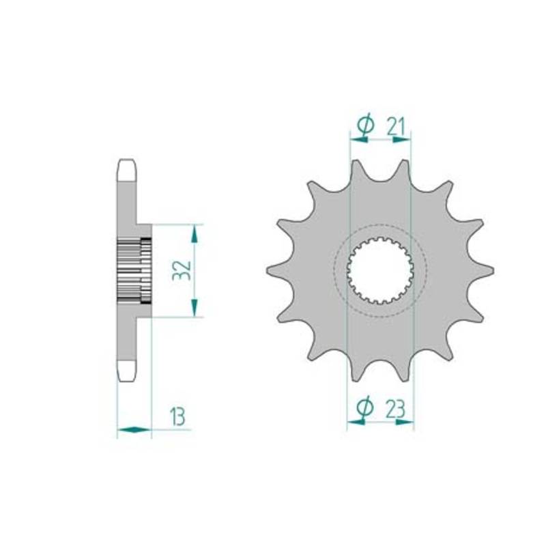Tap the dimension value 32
coord(182,270)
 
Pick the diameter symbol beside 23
coord(365,407)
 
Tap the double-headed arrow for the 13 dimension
coord(134,430)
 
